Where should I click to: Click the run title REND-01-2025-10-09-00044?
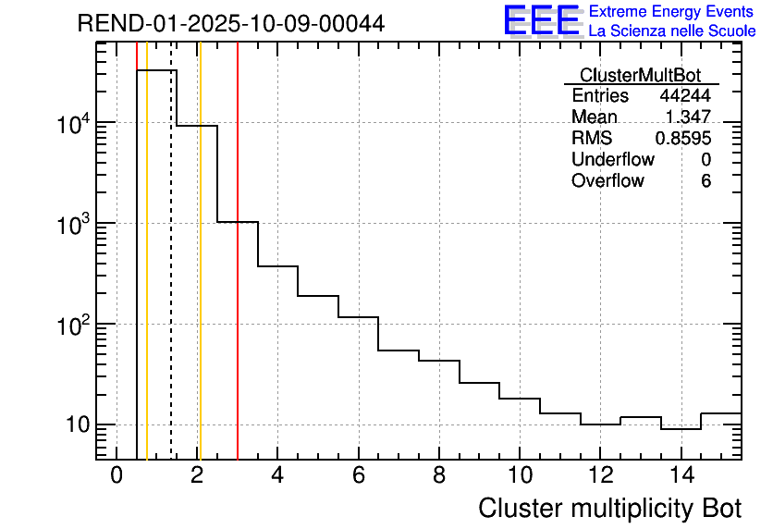tap(231, 23)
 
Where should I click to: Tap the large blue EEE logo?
tap(541, 20)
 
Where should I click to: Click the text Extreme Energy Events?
tap(671, 12)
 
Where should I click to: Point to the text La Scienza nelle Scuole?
tap(671, 31)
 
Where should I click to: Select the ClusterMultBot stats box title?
tap(640, 75)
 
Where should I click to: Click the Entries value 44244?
tap(684, 96)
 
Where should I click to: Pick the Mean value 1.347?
tap(687, 117)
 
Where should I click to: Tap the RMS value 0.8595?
tap(682, 139)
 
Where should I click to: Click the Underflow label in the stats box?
tap(613, 160)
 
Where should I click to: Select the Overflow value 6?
tap(706, 181)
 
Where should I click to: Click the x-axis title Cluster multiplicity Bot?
tap(609, 508)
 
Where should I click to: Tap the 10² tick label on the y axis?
tap(72, 324)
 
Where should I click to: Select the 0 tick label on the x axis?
tap(117, 476)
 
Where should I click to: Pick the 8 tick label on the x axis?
tap(439, 476)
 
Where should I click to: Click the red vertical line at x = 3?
tap(238, 277)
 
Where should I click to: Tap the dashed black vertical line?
tap(171, 277)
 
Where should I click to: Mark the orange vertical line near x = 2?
tap(200, 277)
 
